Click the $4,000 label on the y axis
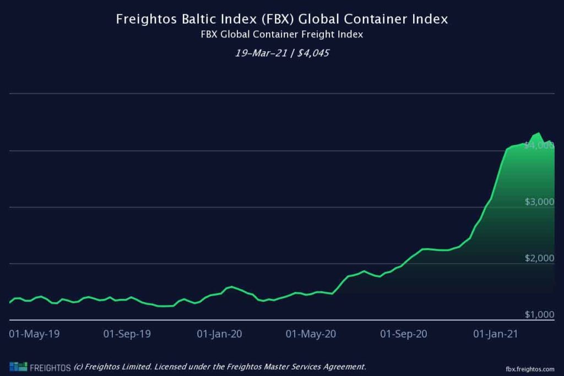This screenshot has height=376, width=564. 539,145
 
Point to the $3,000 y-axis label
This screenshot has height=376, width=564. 539,202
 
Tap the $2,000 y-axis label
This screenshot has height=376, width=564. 539,259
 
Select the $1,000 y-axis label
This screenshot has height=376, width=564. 539,315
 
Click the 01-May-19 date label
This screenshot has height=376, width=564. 34,334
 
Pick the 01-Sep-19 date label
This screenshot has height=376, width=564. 127,334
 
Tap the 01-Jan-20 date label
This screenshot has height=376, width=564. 219,334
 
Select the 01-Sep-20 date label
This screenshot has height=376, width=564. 404,334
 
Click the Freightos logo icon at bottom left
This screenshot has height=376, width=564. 18,367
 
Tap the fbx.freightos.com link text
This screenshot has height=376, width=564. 529,368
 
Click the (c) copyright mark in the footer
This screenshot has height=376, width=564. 79,367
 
